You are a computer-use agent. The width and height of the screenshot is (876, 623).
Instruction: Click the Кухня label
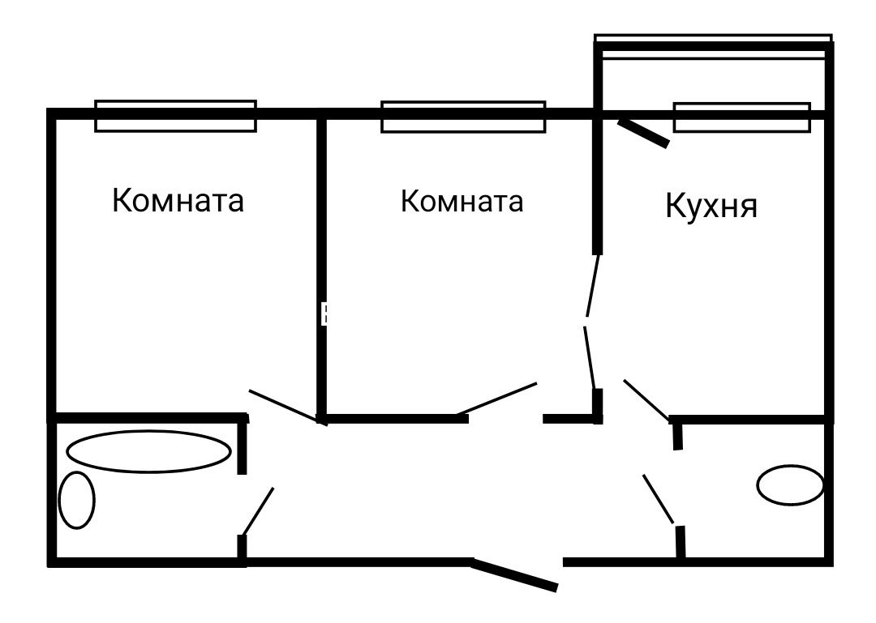711,206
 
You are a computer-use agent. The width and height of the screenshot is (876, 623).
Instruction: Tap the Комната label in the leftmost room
178,200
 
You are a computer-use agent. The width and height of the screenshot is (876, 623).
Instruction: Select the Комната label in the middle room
462,201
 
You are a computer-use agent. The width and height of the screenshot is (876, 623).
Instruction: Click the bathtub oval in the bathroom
148,451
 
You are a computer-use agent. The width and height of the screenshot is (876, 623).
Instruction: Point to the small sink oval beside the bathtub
76,500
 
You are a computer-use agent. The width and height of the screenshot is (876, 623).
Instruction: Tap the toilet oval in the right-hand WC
791,485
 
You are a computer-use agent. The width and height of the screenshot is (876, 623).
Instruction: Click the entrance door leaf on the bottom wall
514,574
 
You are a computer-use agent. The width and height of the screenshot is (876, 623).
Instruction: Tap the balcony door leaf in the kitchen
643,134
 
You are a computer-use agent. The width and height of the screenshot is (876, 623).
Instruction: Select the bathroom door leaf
258,511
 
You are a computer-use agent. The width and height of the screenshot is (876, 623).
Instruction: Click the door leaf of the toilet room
659,500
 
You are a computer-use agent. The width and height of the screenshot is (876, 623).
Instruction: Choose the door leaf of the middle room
496,399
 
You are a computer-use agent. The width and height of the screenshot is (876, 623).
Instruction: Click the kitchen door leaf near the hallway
646,400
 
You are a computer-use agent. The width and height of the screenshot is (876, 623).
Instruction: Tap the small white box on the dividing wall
324,314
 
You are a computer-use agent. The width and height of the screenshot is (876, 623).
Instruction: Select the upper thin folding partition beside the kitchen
592,286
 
